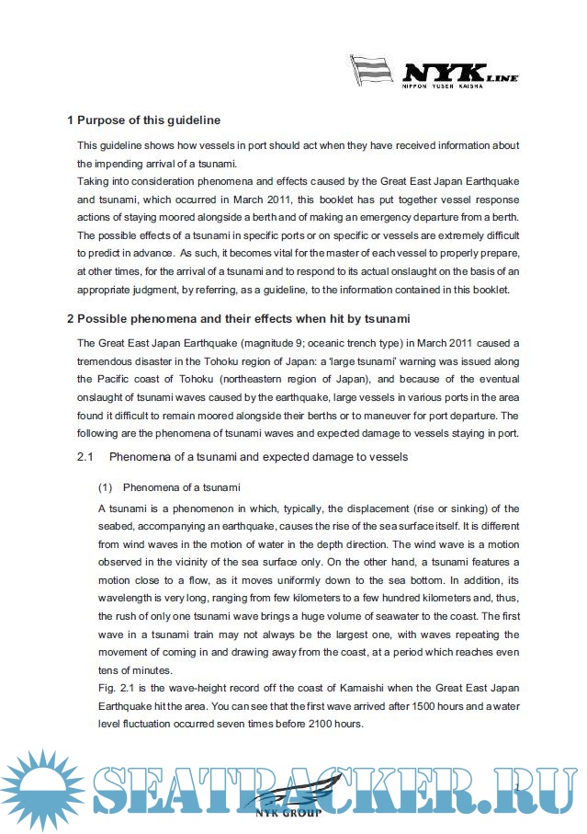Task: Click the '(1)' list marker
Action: tap(105, 486)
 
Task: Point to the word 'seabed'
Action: tap(115, 525)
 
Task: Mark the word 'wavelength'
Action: tap(128, 599)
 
